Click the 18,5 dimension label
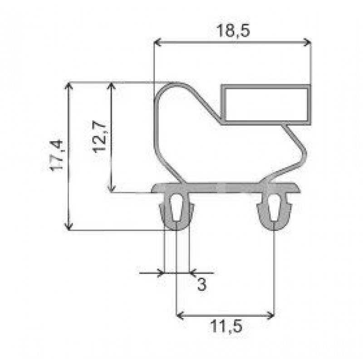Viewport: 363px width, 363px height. click(x=233, y=30)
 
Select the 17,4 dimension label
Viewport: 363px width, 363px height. click(x=56, y=155)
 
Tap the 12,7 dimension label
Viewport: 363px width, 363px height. click(x=99, y=137)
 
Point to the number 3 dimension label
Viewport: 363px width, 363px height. click(x=201, y=285)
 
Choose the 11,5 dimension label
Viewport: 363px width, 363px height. click(x=226, y=326)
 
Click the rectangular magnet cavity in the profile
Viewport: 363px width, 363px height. click(x=266, y=104)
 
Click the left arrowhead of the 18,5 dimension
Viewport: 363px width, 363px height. click(x=157, y=42)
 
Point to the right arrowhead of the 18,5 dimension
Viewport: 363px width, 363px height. click(x=307, y=42)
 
